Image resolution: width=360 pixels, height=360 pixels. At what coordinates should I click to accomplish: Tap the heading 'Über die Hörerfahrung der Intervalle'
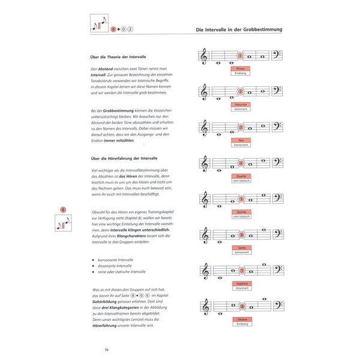[x=114, y=158]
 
